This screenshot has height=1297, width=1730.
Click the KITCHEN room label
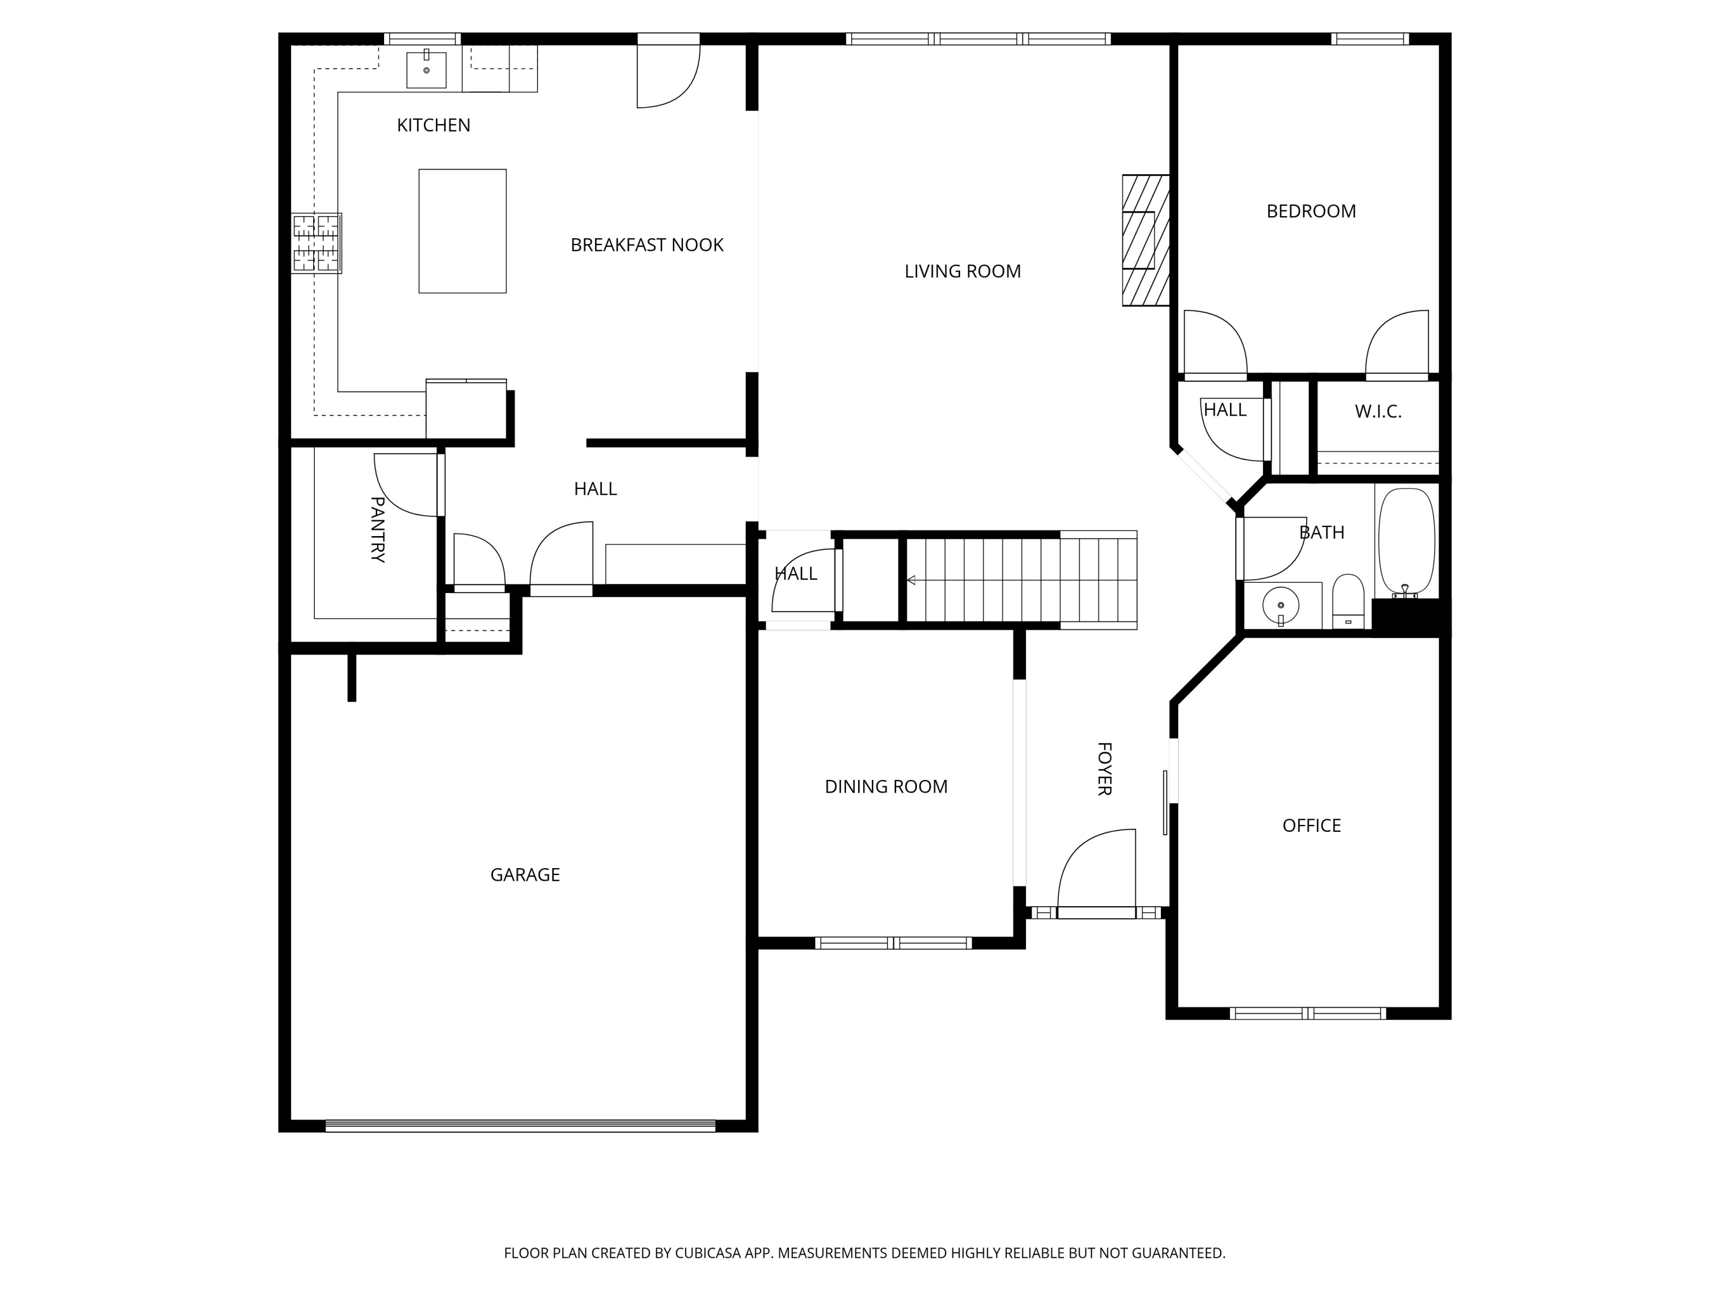[433, 125]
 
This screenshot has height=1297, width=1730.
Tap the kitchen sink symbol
[426, 70]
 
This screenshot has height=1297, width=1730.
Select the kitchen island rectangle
[462, 231]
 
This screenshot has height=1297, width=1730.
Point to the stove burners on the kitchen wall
[317, 243]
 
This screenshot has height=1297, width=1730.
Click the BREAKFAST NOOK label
[647, 246]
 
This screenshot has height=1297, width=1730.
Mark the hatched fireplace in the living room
[1145, 240]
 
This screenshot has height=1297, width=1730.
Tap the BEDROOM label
[1311, 211]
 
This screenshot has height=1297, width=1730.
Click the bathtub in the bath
[1405, 542]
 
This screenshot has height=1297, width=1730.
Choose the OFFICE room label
[1311, 825]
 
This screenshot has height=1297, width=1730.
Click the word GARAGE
[525, 875]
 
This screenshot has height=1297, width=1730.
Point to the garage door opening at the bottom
[520, 1126]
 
